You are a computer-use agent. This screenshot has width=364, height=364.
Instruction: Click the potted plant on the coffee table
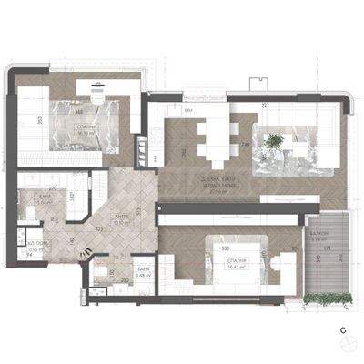coord(272,140)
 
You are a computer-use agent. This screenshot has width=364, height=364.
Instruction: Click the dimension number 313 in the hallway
coord(137,210)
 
